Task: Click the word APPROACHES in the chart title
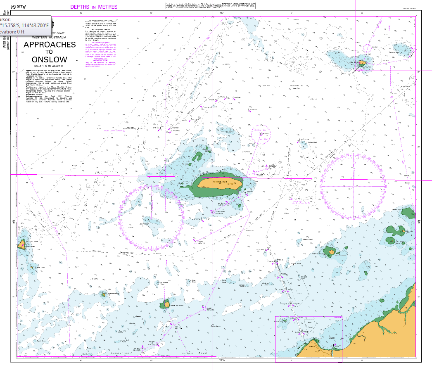click(x=50, y=45)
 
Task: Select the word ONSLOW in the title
click(x=50, y=59)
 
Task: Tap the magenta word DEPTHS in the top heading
click(x=80, y=7)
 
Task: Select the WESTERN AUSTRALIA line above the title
click(x=50, y=37)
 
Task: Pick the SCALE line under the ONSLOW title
click(x=50, y=66)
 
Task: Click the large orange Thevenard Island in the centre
click(x=219, y=183)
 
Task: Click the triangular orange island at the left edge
click(x=21, y=246)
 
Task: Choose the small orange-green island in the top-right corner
click(x=362, y=63)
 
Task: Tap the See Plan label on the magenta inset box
click(x=338, y=317)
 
